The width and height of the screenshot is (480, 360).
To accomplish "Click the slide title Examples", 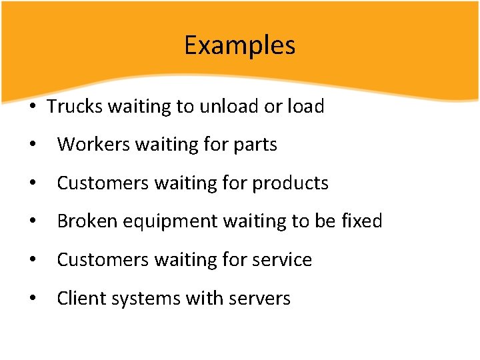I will pyautogui.click(x=239, y=45).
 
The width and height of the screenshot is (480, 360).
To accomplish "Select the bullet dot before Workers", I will pyautogui.click(x=33, y=145).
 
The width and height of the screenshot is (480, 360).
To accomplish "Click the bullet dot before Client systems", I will pyautogui.click(x=33, y=299).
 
